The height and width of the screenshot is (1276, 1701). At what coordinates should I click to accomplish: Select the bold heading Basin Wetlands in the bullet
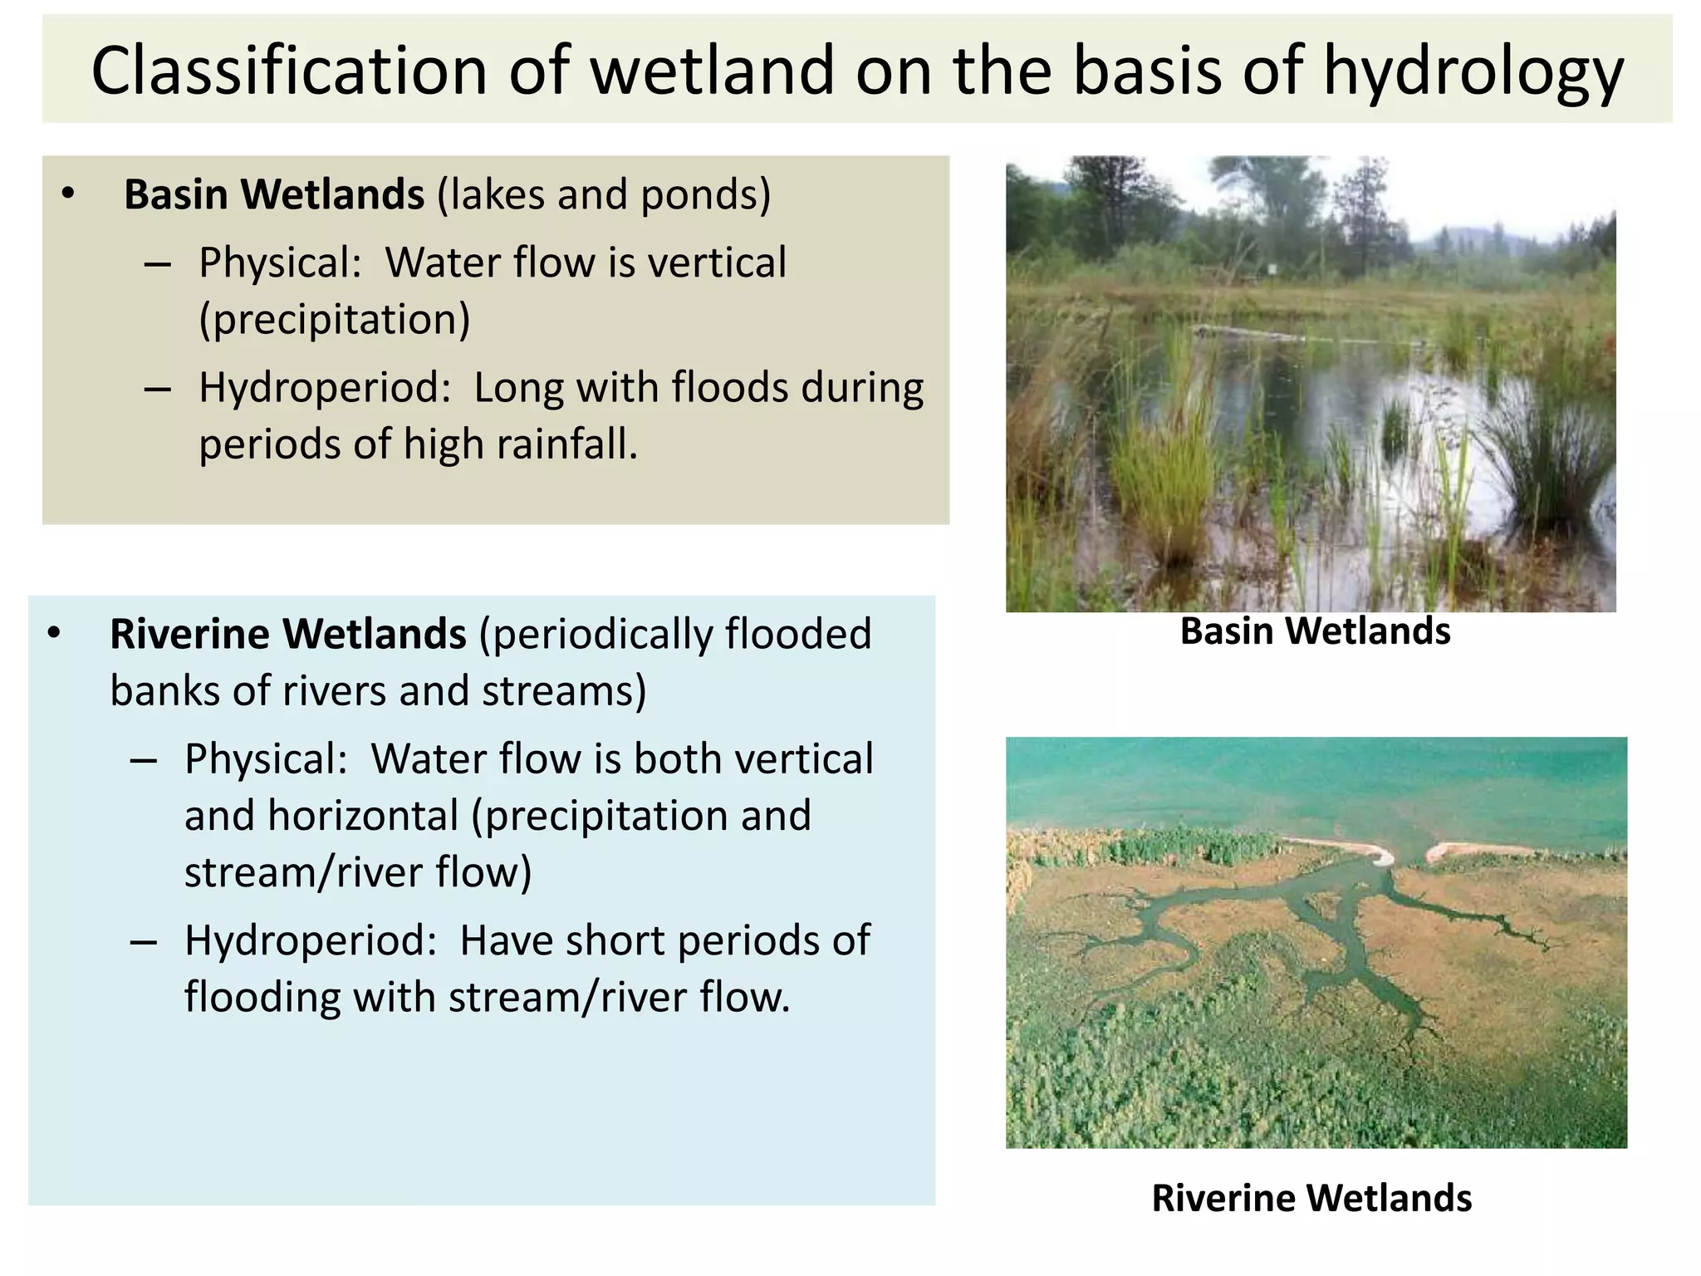pos(274,194)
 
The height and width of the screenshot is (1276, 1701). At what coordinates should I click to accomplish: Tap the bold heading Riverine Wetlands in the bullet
pos(287,634)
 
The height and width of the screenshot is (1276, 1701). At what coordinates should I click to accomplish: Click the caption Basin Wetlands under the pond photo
pos(1315,631)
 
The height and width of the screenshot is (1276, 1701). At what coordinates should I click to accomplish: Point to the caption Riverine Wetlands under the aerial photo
pos(1311,1199)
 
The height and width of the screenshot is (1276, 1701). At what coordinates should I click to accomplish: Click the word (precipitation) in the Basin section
pos(335,320)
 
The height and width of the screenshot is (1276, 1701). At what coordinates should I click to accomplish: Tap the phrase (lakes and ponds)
pos(604,194)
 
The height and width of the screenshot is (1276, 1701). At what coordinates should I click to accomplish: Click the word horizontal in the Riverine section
pos(363,816)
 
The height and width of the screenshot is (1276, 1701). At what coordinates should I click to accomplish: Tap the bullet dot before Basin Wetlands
pos(68,194)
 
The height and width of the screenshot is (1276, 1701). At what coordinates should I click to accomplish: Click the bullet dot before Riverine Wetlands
pos(54,634)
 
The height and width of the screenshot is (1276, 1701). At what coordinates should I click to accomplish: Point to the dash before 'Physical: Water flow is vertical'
pos(157,264)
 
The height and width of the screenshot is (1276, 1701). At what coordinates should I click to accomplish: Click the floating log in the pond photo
pos(1271,335)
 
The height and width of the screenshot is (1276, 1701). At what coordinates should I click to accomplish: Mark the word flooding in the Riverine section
pos(262,998)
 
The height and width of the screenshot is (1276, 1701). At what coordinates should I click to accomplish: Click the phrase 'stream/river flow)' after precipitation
pos(358,872)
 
